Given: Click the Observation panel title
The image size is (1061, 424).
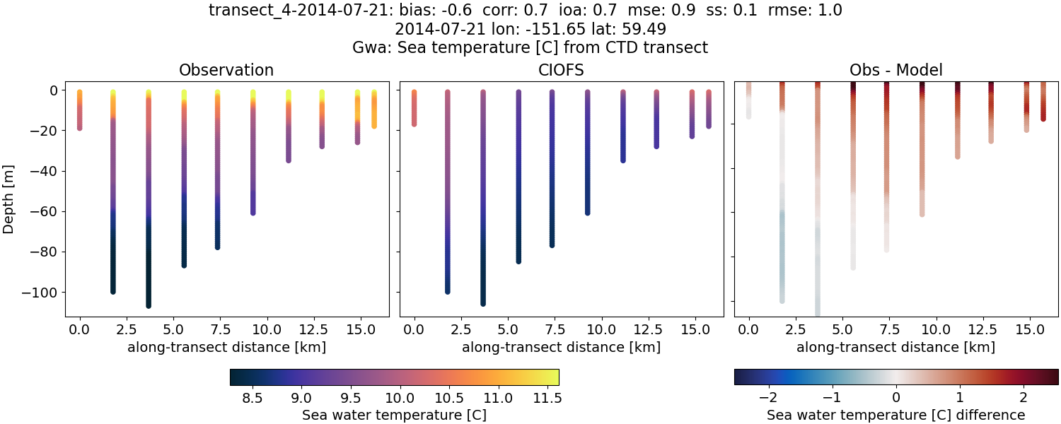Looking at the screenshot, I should pyautogui.click(x=226, y=70).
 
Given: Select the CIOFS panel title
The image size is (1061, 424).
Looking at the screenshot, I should pyautogui.click(x=562, y=70).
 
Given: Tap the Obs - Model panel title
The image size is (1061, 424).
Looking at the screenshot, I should pyautogui.click(x=896, y=70).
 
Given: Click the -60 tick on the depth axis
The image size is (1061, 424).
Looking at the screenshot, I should pyautogui.click(x=47, y=211).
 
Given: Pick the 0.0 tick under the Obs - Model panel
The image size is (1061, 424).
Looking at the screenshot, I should pyautogui.click(x=749, y=330).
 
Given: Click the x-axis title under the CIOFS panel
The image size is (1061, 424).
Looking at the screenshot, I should pyautogui.click(x=562, y=348).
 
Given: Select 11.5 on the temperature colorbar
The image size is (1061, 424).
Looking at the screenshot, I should pyautogui.click(x=548, y=397).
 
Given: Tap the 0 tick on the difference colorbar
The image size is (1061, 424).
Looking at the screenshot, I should pyautogui.click(x=896, y=397).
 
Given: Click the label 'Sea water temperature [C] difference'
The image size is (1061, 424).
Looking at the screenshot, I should pyautogui.click(x=896, y=415).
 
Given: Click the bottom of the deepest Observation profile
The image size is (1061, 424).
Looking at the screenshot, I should pyautogui.click(x=149, y=305).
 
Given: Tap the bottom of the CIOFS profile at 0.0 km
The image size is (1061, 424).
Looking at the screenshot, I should pyautogui.click(x=414, y=124).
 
